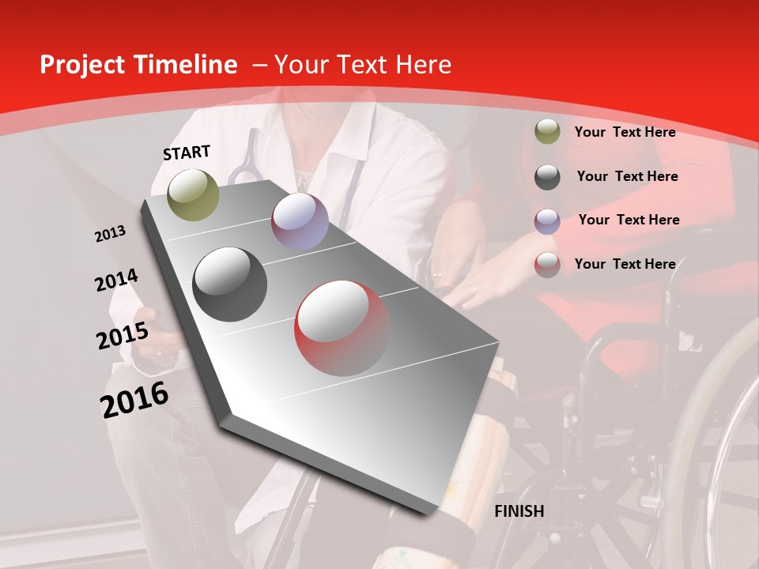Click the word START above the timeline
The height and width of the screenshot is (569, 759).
pyautogui.click(x=187, y=153)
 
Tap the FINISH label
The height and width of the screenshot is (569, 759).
pyautogui.click(x=519, y=511)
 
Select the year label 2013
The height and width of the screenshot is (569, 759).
pyautogui.click(x=111, y=234)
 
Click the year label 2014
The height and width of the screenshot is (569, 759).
pyautogui.click(x=117, y=281)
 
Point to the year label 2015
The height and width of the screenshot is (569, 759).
pyautogui.click(x=123, y=337)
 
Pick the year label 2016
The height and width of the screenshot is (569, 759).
pyautogui.click(x=135, y=400)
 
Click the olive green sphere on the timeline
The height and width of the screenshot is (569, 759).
pyautogui.click(x=194, y=194)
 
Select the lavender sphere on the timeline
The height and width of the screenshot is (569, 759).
pyautogui.click(x=300, y=221)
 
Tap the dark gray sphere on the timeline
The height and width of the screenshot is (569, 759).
pyautogui.click(x=230, y=284)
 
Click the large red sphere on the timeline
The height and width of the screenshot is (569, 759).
pyautogui.click(x=342, y=328)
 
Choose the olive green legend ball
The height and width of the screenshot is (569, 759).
pyautogui.click(x=547, y=132)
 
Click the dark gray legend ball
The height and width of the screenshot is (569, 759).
pyautogui.click(x=547, y=176)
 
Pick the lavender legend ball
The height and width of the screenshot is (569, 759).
pyautogui.click(x=547, y=220)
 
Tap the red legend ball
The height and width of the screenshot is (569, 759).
pyautogui.click(x=547, y=265)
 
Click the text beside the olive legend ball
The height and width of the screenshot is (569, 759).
pyautogui.click(x=625, y=132)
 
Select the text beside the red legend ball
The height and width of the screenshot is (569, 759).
pyautogui.click(x=625, y=264)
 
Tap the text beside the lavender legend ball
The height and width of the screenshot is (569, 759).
pyautogui.click(x=629, y=220)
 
